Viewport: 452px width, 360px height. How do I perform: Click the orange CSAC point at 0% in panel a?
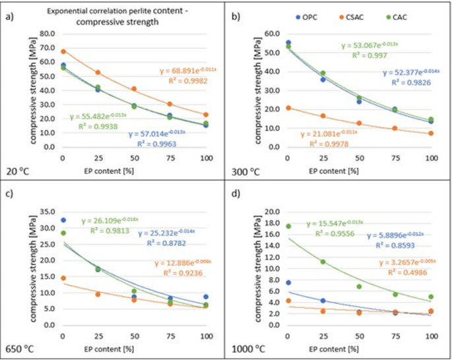pos(63,51)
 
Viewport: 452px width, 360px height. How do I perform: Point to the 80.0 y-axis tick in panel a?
pos(46,33)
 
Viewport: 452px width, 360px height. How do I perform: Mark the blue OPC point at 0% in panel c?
pos(63,220)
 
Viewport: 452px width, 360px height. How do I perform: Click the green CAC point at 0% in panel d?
pos(287,226)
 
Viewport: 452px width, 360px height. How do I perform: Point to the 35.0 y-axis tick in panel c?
pos(46,212)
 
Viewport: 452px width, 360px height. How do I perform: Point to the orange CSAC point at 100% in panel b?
pos(431,133)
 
